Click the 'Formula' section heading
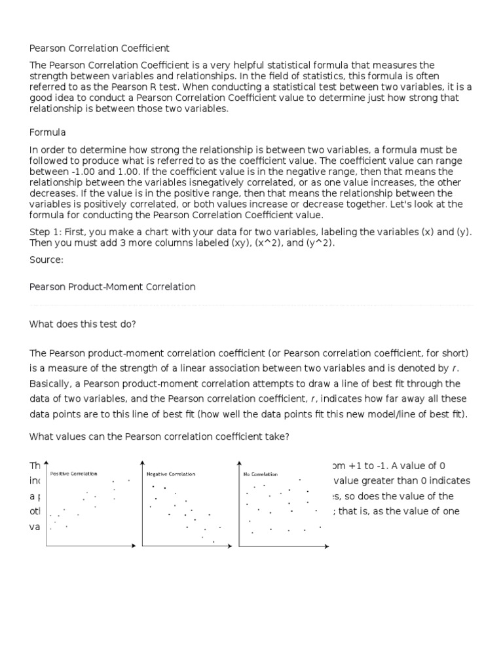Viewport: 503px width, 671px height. [48, 132]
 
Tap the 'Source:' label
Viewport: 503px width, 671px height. [47, 260]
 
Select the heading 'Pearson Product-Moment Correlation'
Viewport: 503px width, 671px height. [113, 287]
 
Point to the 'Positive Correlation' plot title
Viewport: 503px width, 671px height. [74, 473]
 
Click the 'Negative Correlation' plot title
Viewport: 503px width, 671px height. [170, 474]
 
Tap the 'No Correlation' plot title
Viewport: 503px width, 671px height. [261, 474]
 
